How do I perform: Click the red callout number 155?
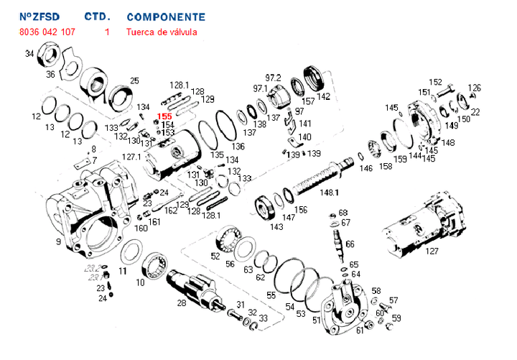click(x=164, y=116)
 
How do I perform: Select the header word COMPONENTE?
click(x=165, y=17)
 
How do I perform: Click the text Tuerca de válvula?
click(x=161, y=32)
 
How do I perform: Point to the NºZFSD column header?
click(x=39, y=17)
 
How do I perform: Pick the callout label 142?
click(x=324, y=96)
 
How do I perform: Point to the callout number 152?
click(x=436, y=82)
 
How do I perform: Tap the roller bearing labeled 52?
click(x=232, y=239)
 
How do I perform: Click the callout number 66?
click(x=350, y=244)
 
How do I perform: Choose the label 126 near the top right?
click(x=474, y=88)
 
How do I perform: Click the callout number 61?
click(x=360, y=331)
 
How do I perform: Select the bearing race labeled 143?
click(x=268, y=209)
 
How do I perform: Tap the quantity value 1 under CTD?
click(x=107, y=32)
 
